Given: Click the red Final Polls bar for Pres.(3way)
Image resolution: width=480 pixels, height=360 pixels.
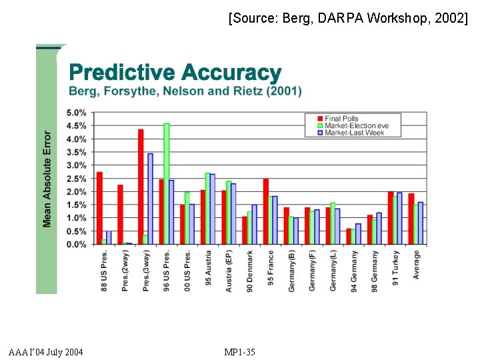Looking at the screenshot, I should click(141, 187).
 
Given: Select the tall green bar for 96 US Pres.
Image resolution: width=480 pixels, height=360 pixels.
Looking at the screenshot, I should click(167, 184).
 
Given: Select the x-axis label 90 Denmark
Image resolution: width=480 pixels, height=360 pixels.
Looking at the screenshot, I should click(250, 271).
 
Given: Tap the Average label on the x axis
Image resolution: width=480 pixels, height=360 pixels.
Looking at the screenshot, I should click(417, 264).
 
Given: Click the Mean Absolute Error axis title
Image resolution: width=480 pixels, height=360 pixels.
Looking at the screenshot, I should click(47, 179).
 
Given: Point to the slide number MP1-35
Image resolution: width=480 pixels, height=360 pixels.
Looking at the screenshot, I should click(240, 351).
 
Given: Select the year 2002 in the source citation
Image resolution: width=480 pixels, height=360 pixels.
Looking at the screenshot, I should click(451, 18).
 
